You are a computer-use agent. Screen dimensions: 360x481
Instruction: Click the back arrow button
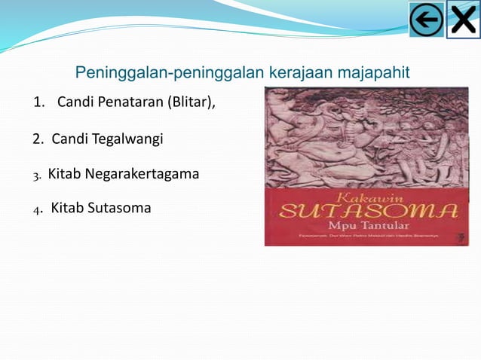[427, 20]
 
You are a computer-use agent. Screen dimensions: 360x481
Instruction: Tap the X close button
[462, 20]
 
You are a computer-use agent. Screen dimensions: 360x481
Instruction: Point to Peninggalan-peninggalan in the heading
[170, 73]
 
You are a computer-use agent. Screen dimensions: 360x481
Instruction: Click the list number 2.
[38, 139]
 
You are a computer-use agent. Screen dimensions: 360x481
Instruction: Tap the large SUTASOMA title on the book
[368, 211]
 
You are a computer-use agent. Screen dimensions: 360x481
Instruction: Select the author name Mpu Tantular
[367, 225]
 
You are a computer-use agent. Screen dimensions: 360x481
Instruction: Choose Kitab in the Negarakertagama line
[65, 174]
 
